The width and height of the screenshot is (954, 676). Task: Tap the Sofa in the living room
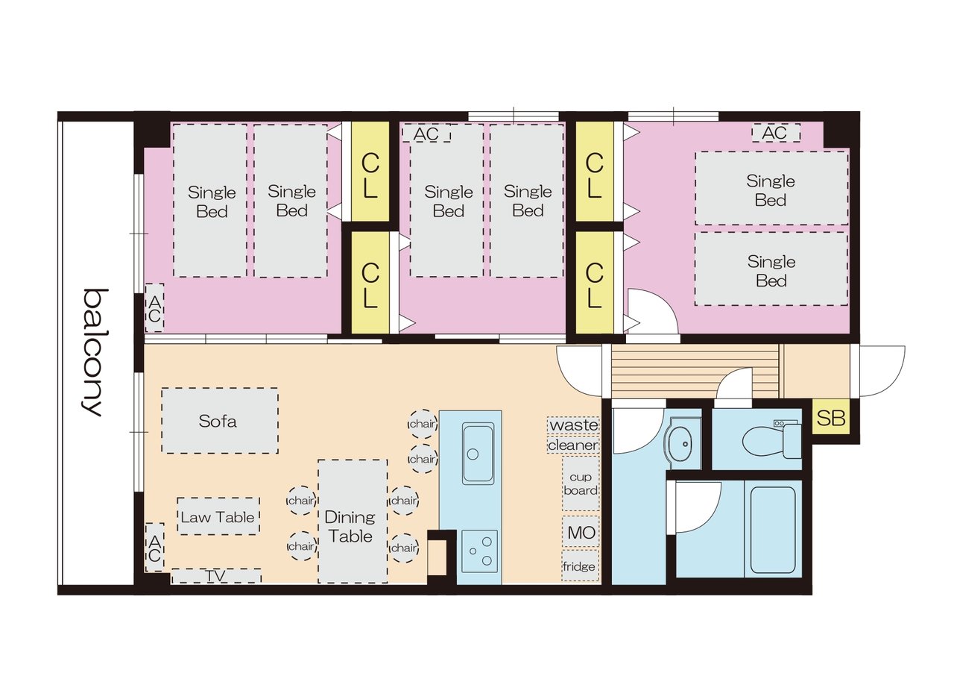[220, 421]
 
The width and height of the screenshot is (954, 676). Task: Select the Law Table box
[218, 516]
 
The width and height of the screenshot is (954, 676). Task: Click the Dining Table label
[350, 526]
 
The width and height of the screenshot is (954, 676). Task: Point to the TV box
[216, 576]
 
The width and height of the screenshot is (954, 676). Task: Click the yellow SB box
[831, 417]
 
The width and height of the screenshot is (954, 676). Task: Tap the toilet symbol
[771, 439]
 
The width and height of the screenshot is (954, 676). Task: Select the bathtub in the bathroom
[773, 530]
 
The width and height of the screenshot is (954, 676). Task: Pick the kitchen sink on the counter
[478, 454]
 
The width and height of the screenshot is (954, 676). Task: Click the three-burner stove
[479, 551]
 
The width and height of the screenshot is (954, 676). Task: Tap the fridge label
[579, 566]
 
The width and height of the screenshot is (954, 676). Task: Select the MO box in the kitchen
[581, 532]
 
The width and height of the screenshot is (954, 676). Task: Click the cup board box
[581, 483]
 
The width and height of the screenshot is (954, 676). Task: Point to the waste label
[574, 425]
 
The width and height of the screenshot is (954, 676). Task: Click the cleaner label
[573, 445]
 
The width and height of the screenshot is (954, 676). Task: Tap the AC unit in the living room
[154, 547]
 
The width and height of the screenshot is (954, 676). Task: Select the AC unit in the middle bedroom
[427, 134]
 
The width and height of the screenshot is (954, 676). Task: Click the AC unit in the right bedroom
[776, 133]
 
